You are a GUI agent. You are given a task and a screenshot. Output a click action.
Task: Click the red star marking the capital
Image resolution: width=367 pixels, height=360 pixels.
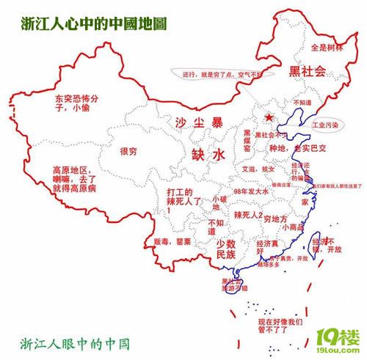click(x=269, y=117)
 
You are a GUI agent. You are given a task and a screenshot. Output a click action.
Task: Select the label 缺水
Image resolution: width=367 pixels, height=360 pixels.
click(x=207, y=155)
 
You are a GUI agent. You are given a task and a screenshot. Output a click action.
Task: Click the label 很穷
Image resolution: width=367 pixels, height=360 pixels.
click(x=128, y=153)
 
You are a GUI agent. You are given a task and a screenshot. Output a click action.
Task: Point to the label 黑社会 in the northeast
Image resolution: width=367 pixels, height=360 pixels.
click(x=308, y=71)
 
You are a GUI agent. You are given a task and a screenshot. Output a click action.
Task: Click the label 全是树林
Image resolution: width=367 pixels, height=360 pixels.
click(x=327, y=48)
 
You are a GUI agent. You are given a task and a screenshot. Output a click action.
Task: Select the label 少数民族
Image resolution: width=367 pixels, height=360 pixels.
click(x=225, y=249)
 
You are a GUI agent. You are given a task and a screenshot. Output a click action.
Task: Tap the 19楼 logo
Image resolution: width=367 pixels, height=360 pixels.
click(x=338, y=338)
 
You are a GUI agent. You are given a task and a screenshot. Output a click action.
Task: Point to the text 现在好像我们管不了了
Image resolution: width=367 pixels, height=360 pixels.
click(x=280, y=325)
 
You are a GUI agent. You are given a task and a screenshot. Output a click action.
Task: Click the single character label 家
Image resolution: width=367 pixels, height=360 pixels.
click(x=304, y=200)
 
